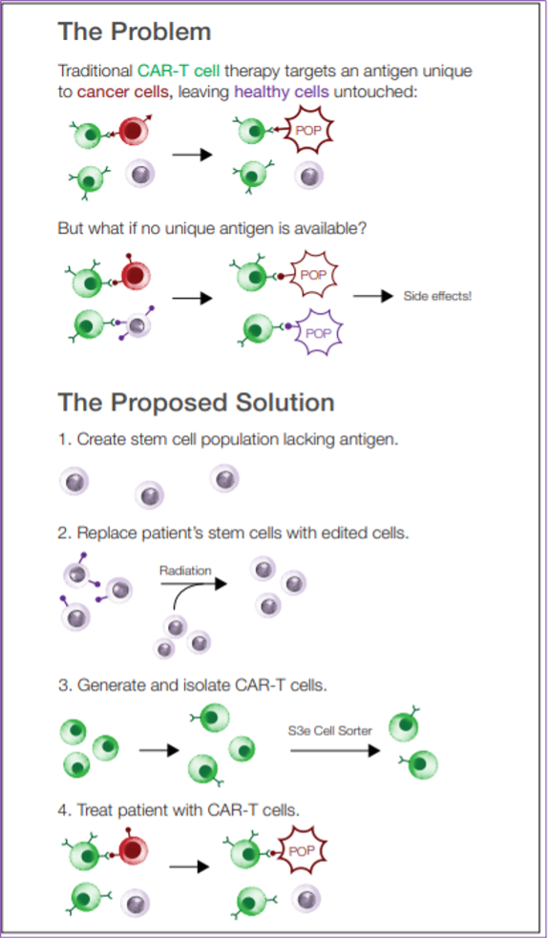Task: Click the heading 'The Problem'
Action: [135, 31]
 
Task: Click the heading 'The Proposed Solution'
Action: [196, 403]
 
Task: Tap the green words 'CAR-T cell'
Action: [179, 71]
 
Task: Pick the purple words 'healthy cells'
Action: [282, 93]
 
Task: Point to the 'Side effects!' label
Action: [437, 296]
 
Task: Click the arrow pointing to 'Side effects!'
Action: [373, 296]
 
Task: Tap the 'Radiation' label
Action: [185, 571]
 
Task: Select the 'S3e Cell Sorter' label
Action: [330, 731]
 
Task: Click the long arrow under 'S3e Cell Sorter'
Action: [335, 751]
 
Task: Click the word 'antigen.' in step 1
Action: [371, 440]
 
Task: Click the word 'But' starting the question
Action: [70, 229]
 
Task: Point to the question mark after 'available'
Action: [363, 229]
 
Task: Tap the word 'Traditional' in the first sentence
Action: [95, 71]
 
